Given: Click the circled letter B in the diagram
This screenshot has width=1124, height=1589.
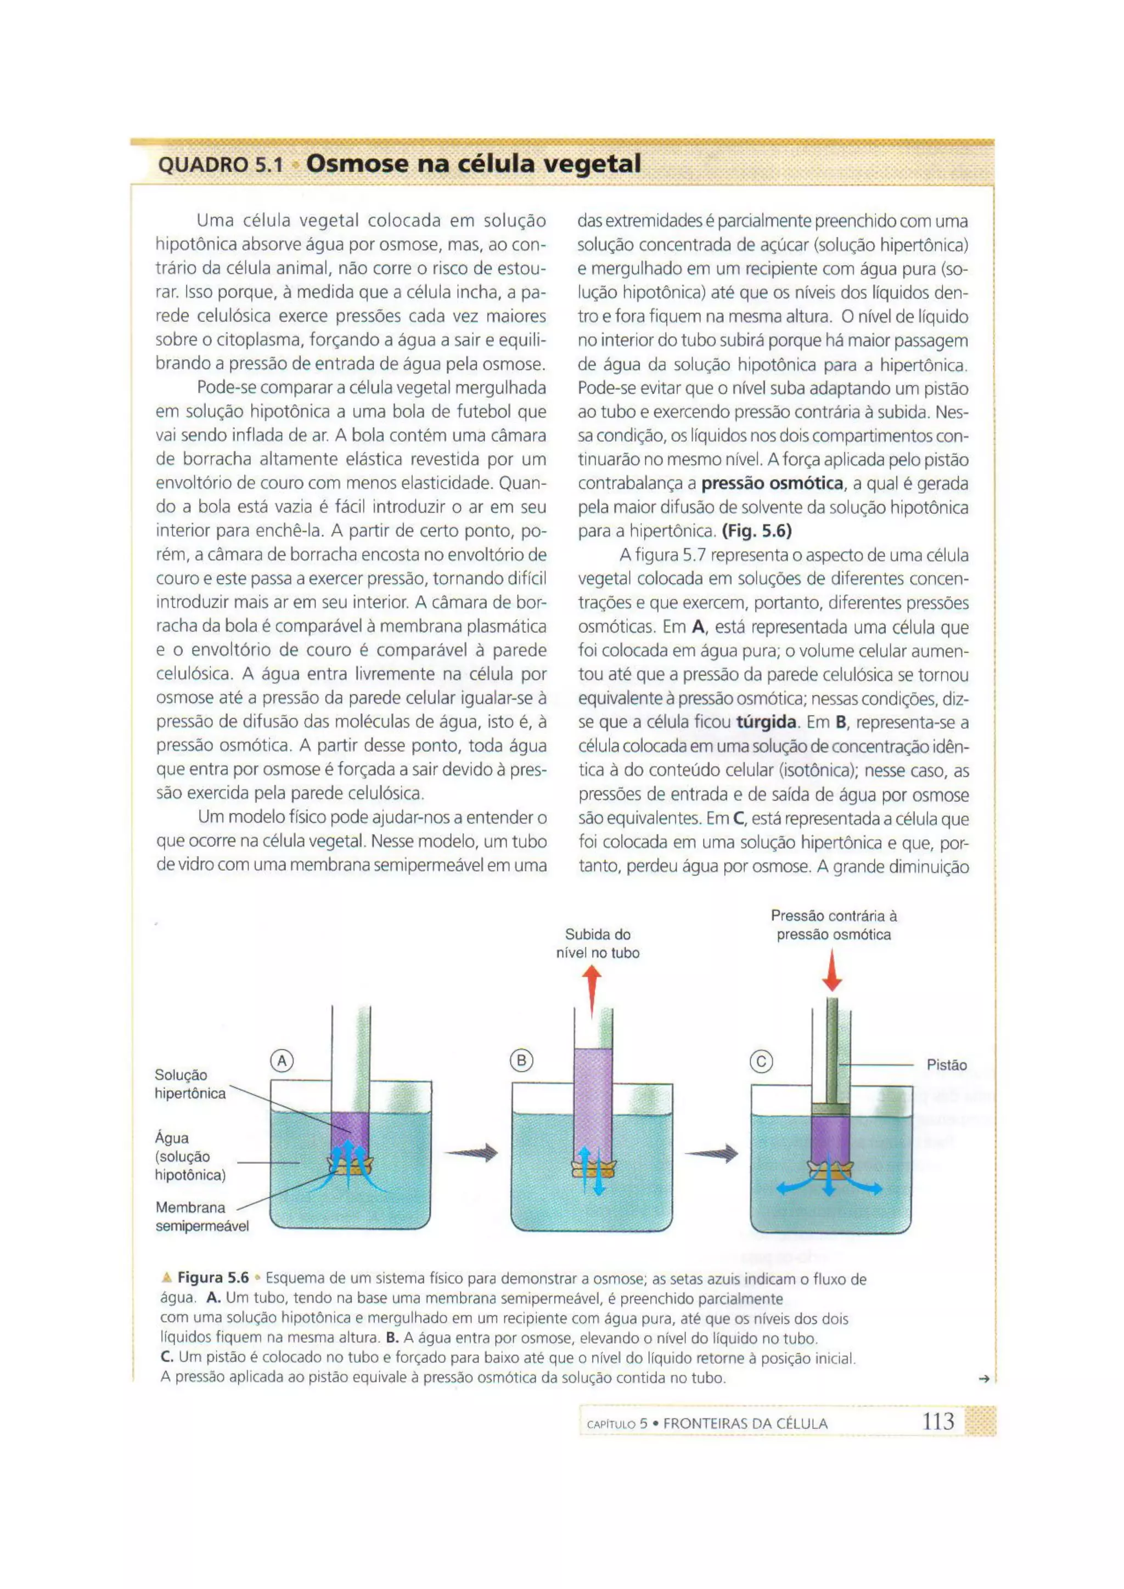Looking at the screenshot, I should (x=521, y=1060).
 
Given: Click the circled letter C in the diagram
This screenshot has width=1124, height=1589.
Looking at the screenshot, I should (x=761, y=1062).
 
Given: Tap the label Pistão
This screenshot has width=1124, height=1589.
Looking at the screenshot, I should (x=946, y=1065).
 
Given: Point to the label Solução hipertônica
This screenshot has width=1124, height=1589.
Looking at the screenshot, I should (x=190, y=1084).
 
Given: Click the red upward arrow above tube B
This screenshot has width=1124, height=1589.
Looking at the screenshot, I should (x=591, y=990).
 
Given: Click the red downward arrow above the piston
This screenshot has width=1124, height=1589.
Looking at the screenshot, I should (x=832, y=970).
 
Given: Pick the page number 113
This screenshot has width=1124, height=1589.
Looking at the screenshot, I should (x=938, y=1422).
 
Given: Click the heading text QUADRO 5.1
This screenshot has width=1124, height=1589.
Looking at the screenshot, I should (x=220, y=165).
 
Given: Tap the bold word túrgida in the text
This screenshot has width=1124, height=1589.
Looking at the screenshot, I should (x=766, y=723).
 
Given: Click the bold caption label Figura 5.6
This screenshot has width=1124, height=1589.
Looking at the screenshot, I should (x=212, y=1277).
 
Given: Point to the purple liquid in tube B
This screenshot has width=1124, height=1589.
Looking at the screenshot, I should (x=593, y=1101).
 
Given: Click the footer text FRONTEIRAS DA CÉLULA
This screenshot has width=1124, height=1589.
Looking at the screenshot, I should (x=745, y=1424).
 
